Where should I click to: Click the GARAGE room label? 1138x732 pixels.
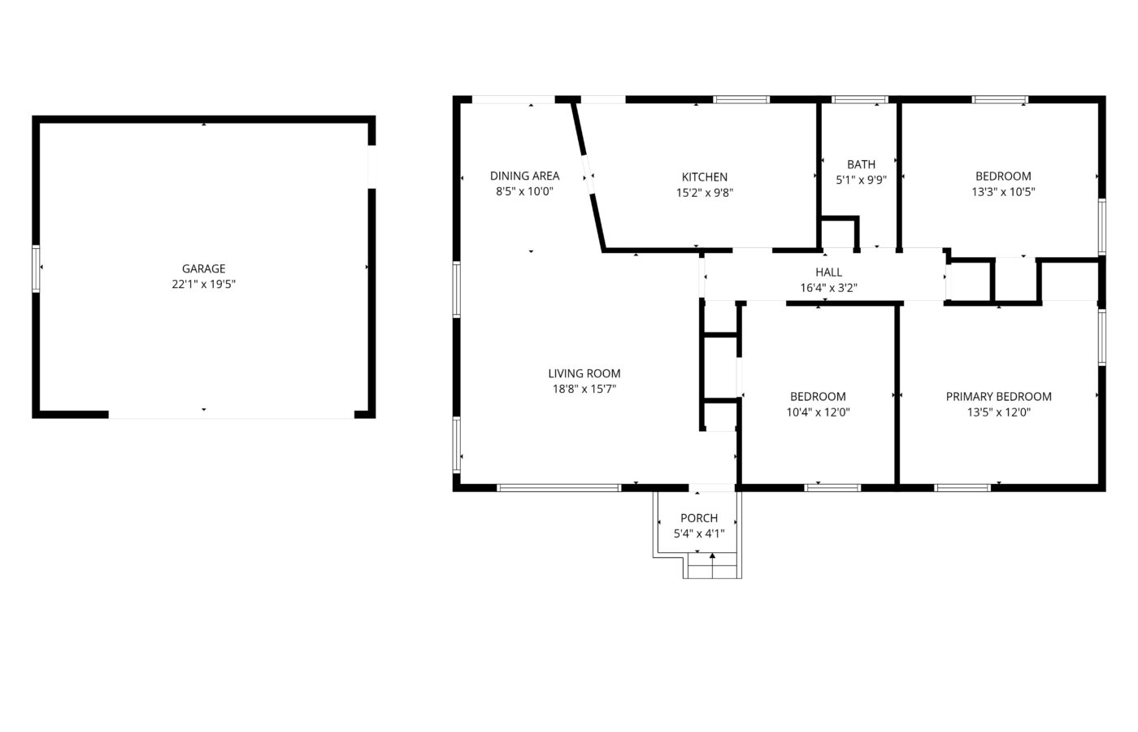(x=204, y=268)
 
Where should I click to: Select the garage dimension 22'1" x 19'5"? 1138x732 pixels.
(x=204, y=284)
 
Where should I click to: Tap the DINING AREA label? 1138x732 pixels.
(x=525, y=176)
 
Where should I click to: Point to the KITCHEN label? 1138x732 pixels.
(x=705, y=177)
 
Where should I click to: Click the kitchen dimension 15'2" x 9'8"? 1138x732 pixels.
(x=705, y=193)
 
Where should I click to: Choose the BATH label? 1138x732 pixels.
(x=861, y=164)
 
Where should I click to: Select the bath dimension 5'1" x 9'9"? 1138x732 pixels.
(x=861, y=180)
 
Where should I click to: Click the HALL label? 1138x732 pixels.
(x=828, y=272)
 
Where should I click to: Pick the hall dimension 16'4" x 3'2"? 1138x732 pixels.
(x=828, y=288)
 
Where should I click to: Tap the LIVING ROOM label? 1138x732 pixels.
(x=584, y=373)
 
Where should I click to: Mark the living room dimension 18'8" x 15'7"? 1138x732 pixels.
(x=584, y=389)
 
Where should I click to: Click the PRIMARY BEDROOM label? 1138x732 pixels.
(x=999, y=397)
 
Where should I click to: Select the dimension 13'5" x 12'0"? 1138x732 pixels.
(x=999, y=412)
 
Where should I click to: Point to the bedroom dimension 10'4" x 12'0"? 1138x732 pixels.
(x=818, y=412)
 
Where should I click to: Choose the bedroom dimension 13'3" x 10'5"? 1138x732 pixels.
(x=1003, y=192)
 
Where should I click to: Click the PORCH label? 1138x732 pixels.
(x=699, y=518)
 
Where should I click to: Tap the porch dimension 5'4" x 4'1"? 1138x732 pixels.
(x=699, y=534)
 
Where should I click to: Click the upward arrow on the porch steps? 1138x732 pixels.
(x=713, y=565)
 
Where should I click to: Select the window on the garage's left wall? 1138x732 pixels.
(x=36, y=269)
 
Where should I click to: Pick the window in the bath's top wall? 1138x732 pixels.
(x=860, y=99)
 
